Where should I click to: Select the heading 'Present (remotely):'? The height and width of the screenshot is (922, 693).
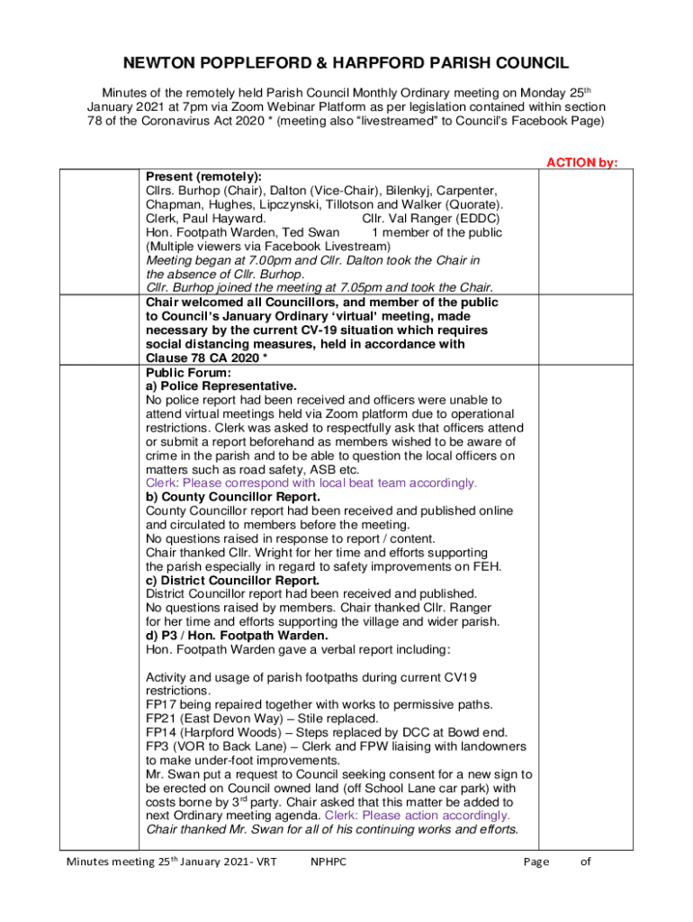pyautogui.click(x=203, y=176)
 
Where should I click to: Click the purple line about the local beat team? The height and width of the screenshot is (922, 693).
pyautogui.click(x=310, y=483)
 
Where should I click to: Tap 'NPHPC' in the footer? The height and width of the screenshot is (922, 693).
pyautogui.click(x=328, y=862)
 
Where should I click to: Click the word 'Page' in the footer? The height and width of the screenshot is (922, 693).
pyautogui.click(x=535, y=862)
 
